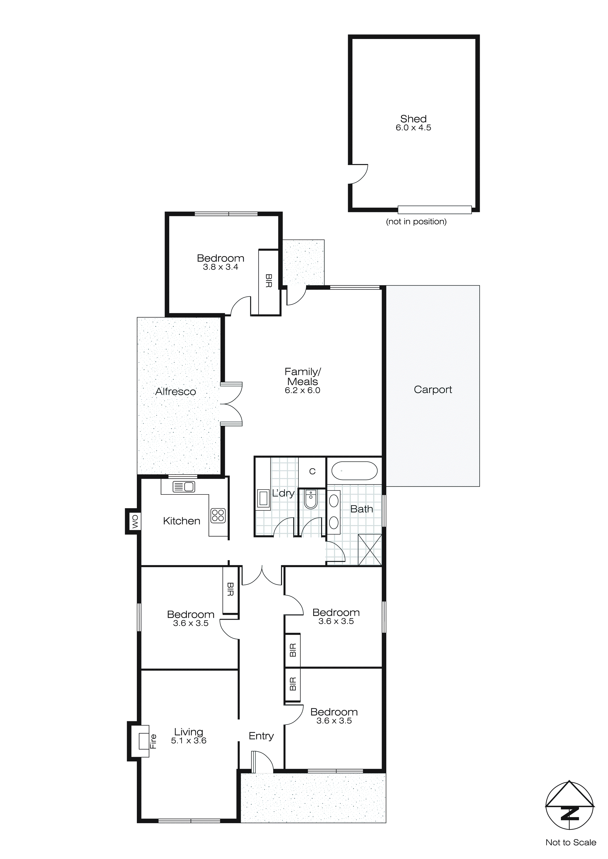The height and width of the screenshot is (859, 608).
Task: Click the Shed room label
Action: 413,119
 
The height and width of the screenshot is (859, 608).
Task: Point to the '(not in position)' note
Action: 416,221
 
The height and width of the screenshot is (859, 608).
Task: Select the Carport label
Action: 433,390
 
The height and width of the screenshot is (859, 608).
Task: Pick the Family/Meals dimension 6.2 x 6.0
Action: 302,391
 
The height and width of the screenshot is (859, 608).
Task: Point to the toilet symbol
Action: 311,499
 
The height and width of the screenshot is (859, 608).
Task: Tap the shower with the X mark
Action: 370,550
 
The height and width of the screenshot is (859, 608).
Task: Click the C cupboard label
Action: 312,471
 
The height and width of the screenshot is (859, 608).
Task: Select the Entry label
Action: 261,736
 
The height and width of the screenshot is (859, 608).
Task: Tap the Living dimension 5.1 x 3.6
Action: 189,741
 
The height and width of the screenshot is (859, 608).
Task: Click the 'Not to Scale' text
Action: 570,843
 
